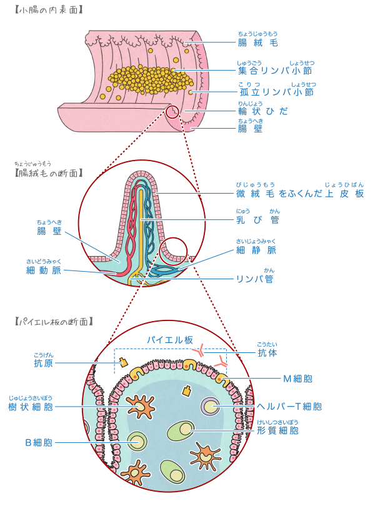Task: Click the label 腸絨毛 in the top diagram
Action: (257, 42)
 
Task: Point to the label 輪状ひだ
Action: (263, 111)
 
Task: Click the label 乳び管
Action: (257, 219)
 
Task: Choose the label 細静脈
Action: (256, 250)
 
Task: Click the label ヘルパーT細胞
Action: (289, 407)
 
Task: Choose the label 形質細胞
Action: (277, 430)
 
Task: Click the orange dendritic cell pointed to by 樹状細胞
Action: (140, 407)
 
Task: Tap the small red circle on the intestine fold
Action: (172, 112)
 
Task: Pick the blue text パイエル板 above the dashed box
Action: (170, 340)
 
